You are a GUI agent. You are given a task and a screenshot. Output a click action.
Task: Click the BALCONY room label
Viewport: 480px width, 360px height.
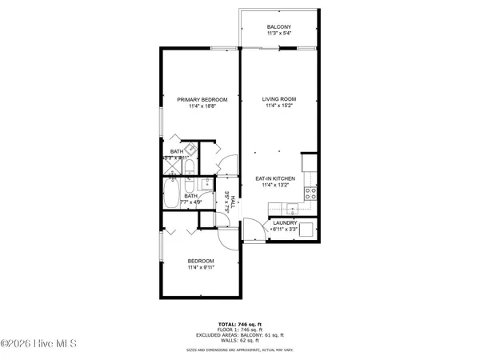coord(279,27)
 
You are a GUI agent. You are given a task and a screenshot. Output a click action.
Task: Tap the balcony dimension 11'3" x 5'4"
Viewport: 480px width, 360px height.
coord(279,34)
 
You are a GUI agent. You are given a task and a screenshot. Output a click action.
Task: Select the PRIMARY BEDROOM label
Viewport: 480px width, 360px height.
coord(202,99)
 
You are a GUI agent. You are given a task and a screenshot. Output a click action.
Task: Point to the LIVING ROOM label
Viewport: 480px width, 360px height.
coord(279,99)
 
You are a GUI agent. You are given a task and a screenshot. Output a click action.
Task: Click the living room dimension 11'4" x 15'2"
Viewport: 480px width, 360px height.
coord(279,106)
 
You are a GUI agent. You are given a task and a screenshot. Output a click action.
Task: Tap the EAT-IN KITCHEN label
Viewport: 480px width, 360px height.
coord(276,178)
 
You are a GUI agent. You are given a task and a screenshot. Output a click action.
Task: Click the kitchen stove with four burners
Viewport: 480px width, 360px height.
coord(310,192)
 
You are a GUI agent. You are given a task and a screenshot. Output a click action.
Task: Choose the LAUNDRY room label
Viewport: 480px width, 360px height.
coord(285,223)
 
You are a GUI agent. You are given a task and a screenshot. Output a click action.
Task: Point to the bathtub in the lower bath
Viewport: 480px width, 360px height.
coord(172,194)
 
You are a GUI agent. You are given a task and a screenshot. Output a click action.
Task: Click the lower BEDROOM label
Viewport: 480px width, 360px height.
coord(200,261)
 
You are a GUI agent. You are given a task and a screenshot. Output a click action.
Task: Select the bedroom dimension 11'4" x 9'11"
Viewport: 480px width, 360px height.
coord(200,268)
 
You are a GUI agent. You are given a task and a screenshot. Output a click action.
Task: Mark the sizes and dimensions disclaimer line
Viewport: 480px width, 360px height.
coord(239,350)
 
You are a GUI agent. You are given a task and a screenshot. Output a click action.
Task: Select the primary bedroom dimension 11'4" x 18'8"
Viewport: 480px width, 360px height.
coord(202,106)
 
